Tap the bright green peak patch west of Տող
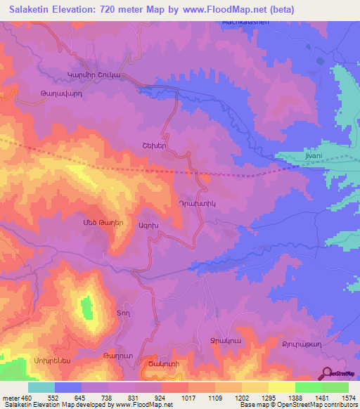click(86, 308)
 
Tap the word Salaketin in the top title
click(33, 9)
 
